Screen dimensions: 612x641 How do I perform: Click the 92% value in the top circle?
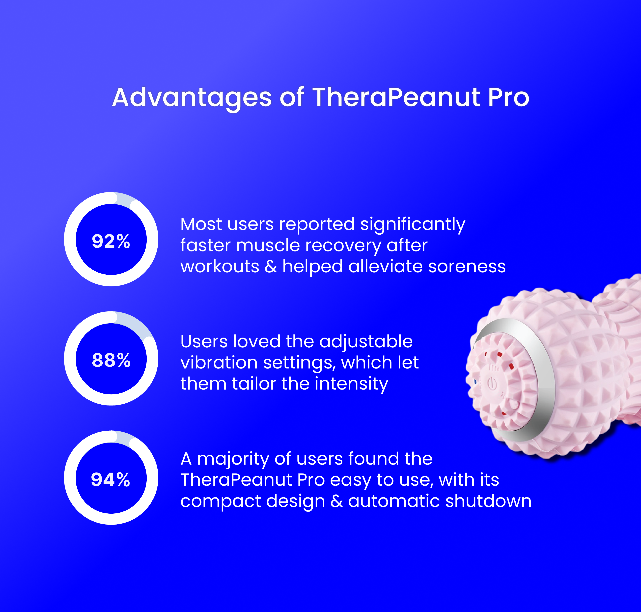(x=111, y=241)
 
